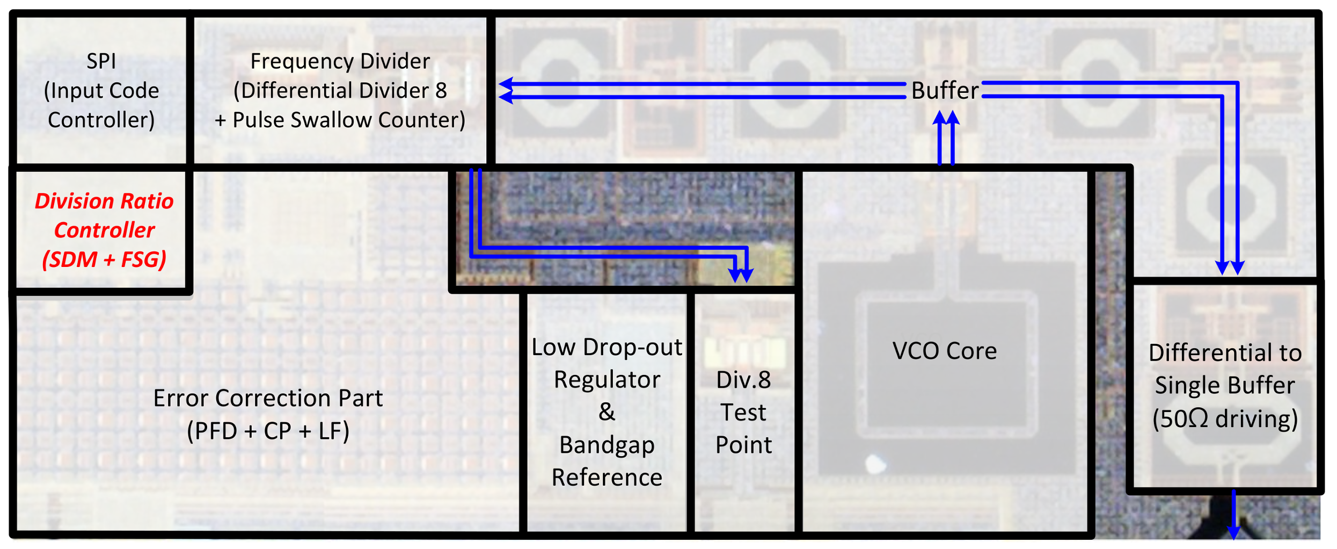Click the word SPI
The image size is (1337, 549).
[101, 61]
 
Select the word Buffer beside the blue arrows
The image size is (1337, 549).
[944, 90]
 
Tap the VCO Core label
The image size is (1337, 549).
[944, 351]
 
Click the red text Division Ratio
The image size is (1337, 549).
[104, 201]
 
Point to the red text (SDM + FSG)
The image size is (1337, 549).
[104, 259]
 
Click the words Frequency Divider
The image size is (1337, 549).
[340, 61]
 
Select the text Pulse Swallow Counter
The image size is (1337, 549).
[349, 120]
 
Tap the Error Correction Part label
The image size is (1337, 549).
[268, 398]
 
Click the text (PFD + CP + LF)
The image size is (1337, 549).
[268, 431]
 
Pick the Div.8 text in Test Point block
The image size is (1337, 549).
[743, 380]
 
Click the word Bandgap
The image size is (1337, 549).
[607, 445]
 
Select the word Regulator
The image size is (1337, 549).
[607, 380]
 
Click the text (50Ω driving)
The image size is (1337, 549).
[1225, 418]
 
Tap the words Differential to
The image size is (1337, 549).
[1225, 353]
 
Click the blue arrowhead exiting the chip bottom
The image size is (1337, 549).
[1233, 532]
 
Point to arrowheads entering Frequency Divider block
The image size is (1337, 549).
[506, 90]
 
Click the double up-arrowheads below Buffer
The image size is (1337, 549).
[946, 118]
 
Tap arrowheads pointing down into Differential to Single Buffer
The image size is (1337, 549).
[1230, 268]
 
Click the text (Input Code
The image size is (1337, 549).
[101, 90]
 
